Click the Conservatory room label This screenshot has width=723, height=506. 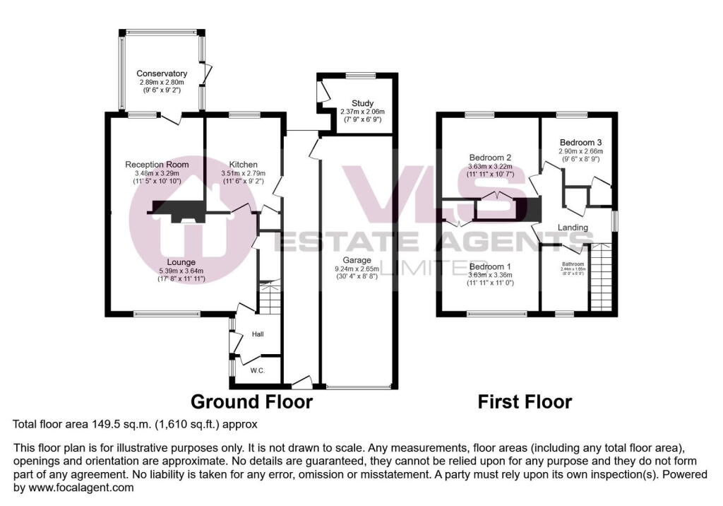(162, 73)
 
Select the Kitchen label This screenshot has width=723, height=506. (243, 164)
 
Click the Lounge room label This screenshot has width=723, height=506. (181, 261)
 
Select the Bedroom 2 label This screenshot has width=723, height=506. (490, 158)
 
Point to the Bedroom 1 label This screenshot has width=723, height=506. (489, 266)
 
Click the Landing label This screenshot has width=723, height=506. (573, 227)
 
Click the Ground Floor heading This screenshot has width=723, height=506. (251, 402)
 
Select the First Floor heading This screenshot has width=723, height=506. (525, 402)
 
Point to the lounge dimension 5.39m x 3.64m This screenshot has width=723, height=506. (181, 270)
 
